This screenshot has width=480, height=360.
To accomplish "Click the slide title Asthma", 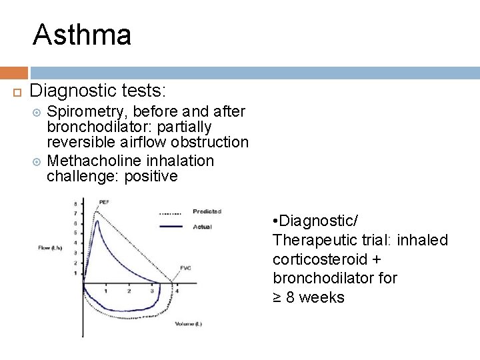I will click(82, 35).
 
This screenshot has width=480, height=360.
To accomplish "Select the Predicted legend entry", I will click(208, 211).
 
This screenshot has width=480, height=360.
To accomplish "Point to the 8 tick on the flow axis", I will click(75, 202).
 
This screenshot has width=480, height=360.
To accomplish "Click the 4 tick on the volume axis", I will click(176, 291).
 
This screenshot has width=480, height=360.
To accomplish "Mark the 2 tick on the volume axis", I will click(129, 291).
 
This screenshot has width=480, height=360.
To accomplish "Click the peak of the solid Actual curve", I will click(97, 221).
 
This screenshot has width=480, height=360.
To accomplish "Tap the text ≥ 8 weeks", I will click(309, 297).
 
